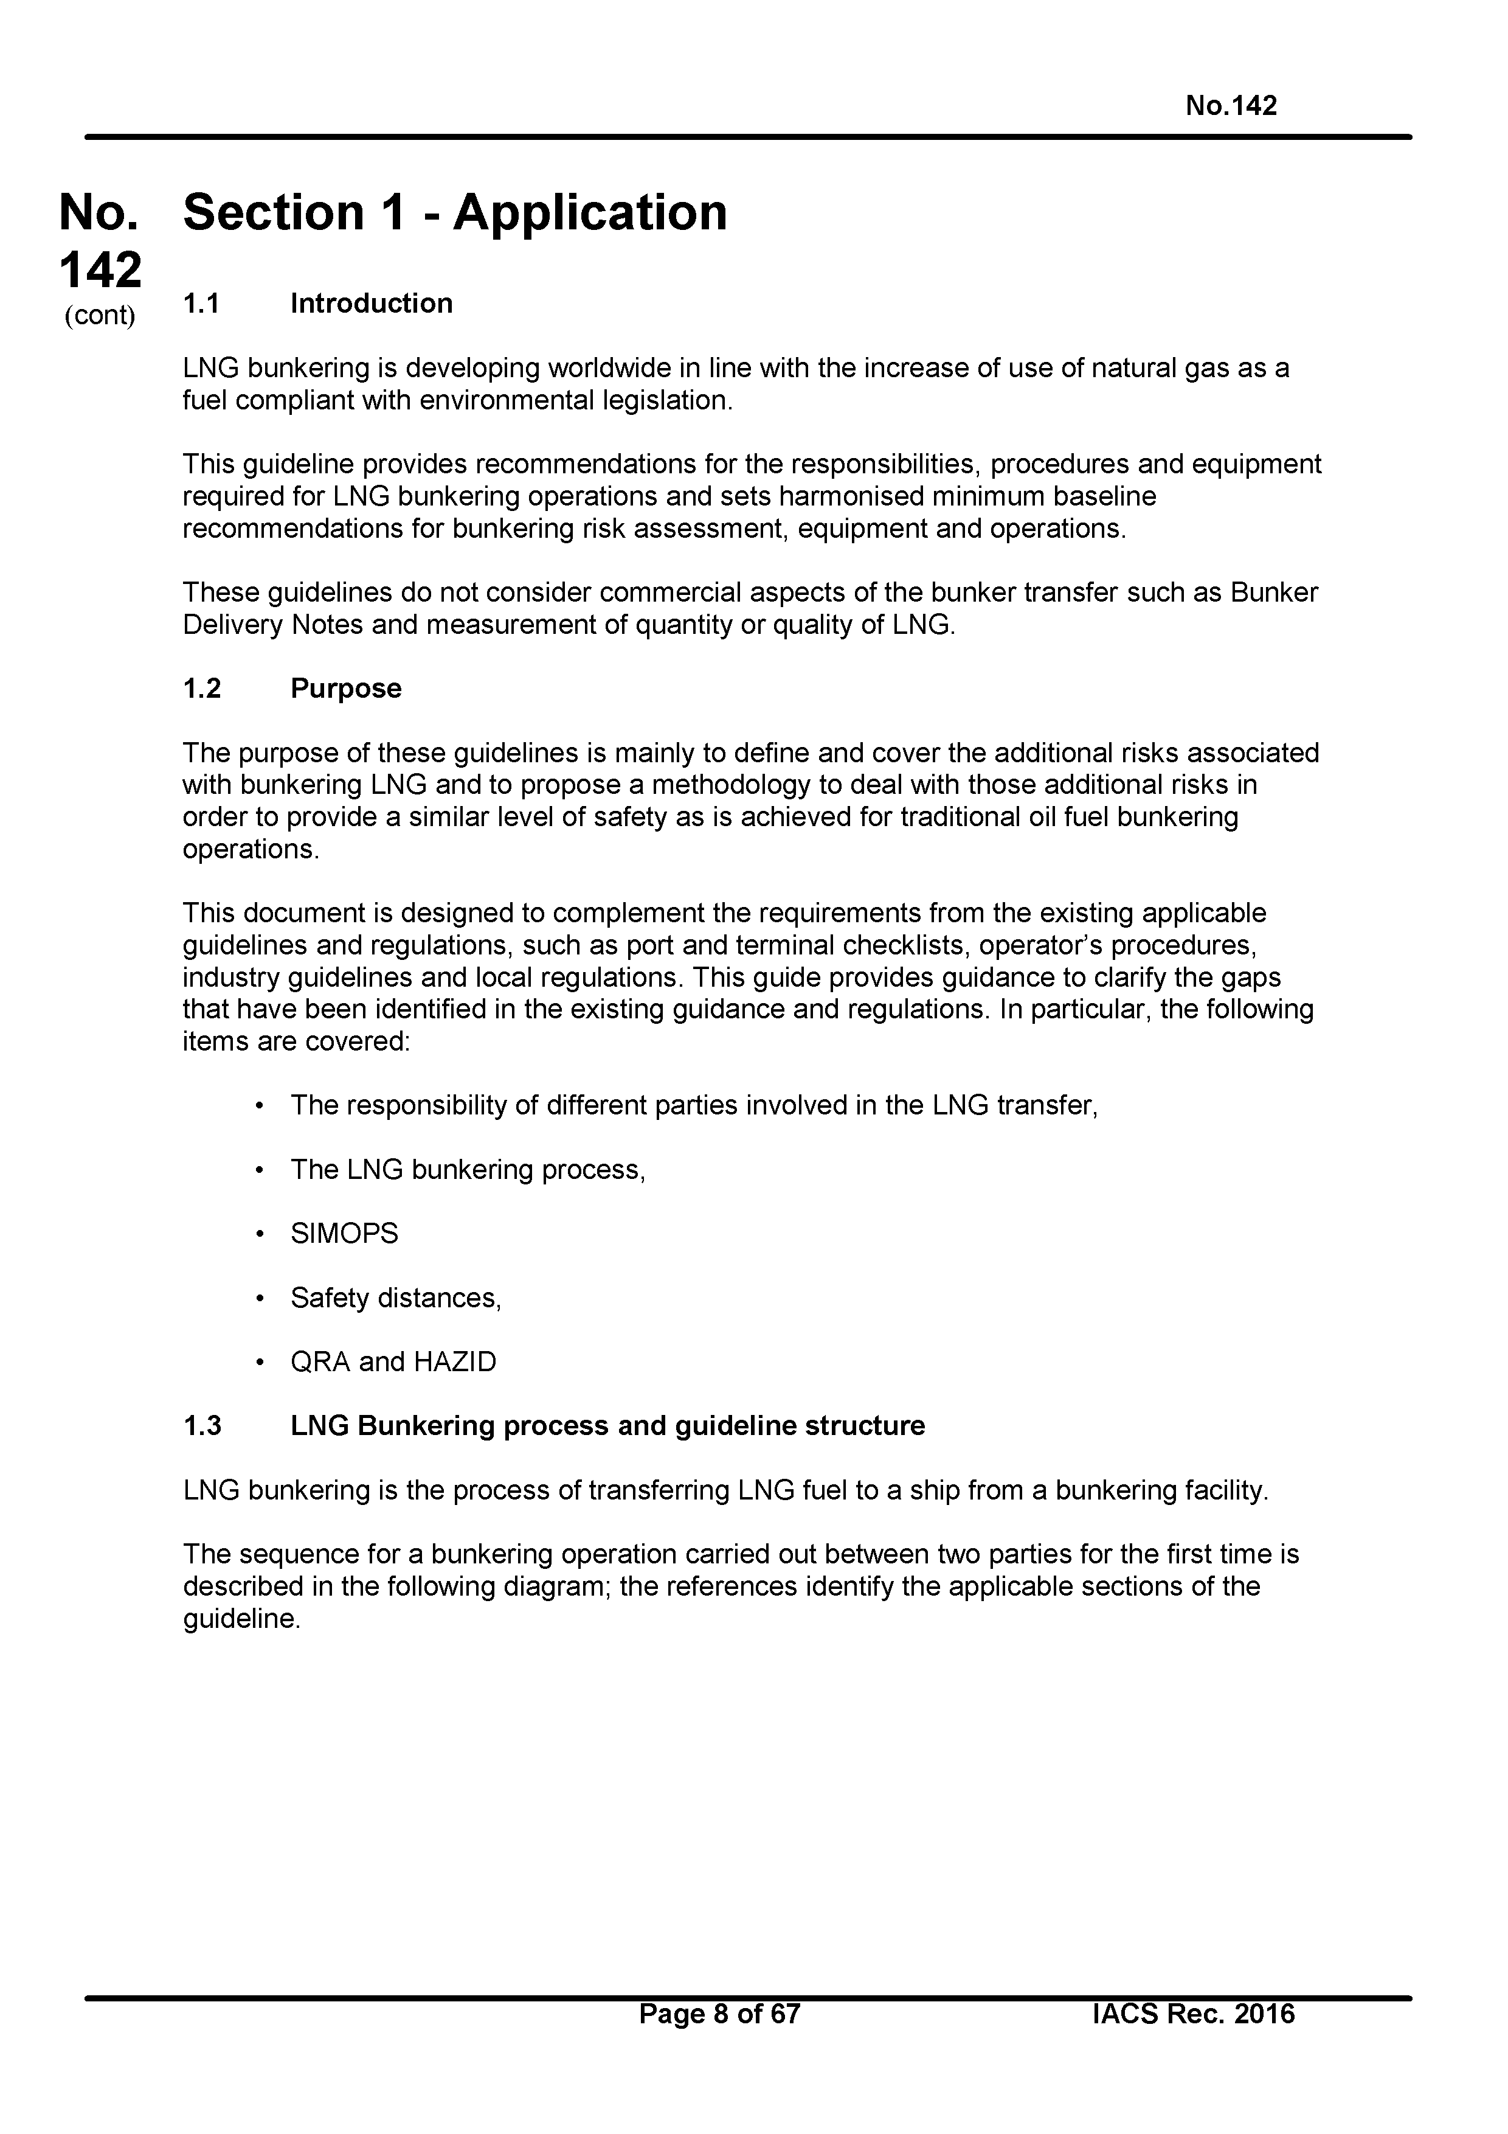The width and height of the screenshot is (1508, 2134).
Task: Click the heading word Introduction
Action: pos(371,304)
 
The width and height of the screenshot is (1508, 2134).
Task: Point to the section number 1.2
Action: pos(202,689)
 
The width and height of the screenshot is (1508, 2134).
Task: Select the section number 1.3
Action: pos(202,1426)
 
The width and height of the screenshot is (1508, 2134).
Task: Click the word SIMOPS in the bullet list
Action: pos(344,1233)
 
